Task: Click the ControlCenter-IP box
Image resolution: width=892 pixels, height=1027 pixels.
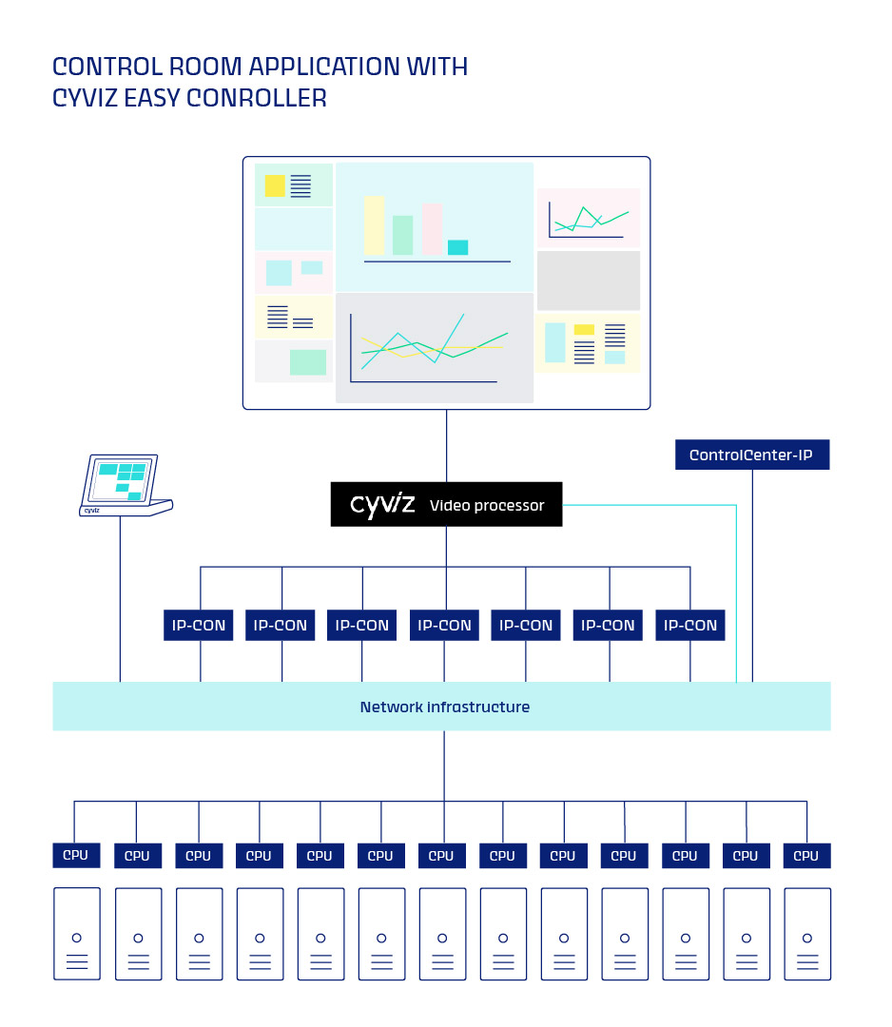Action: pyautogui.click(x=751, y=455)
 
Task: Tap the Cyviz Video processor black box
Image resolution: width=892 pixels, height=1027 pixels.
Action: pyautogui.click(x=446, y=504)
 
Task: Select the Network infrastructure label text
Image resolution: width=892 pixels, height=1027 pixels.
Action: pyautogui.click(x=444, y=707)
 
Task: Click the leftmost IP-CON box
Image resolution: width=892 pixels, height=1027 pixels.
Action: pyautogui.click(x=199, y=626)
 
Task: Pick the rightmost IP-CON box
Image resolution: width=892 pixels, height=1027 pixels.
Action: pyautogui.click(x=689, y=626)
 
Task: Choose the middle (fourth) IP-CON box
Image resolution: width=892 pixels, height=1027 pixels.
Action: pyautogui.click(x=444, y=626)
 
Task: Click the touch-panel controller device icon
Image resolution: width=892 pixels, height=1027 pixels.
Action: pyautogui.click(x=124, y=485)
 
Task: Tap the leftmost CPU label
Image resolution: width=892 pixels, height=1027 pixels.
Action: pyautogui.click(x=76, y=855)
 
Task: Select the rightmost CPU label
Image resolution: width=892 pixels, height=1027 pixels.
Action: pyautogui.click(x=806, y=856)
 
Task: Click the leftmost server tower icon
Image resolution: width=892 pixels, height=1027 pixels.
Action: pyautogui.click(x=77, y=934)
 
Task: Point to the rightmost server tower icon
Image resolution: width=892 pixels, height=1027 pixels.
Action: pyautogui.click(x=807, y=934)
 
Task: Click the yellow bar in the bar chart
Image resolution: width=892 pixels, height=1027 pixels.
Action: pyautogui.click(x=374, y=225)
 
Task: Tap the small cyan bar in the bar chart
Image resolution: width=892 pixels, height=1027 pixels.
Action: pyautogui.click(x=457, y=247)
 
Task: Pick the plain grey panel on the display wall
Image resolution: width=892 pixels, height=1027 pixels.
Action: pyautogui.click(x=588, y=281)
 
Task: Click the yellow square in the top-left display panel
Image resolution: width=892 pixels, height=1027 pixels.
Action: pyautogui.click(x=275, y=186)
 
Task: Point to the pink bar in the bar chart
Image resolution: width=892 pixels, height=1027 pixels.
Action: pyautogui.click(x=432, y=228)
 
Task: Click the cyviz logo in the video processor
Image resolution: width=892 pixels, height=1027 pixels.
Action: pyautogui.click(x=382, y=504)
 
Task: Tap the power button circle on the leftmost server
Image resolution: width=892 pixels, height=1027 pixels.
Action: pyautogui.click(x=77, y=938)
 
